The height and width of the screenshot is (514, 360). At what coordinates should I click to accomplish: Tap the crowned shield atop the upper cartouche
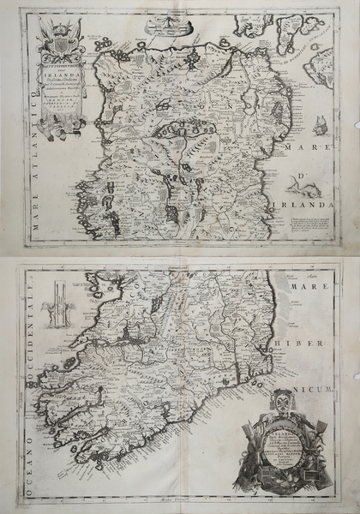(x=60, y=39)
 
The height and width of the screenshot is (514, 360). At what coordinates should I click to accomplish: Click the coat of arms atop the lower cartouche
(x=282, y=403)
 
